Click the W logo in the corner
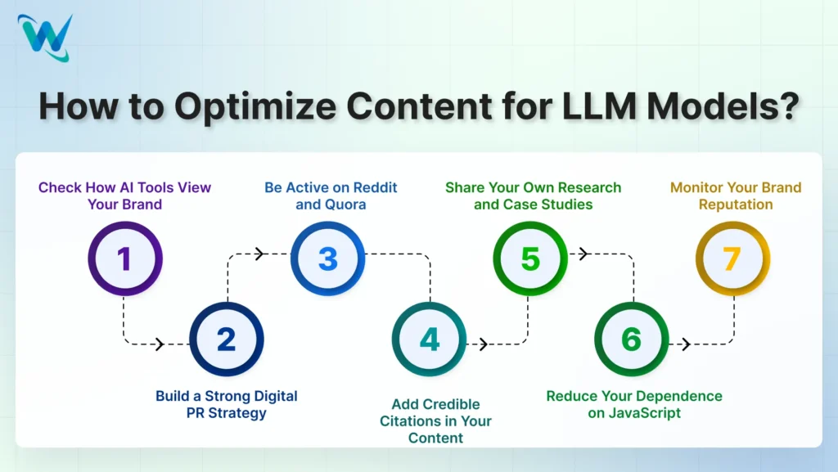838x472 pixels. [45, 38]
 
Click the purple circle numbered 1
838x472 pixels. [125, 258]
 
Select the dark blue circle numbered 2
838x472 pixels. [226, 339]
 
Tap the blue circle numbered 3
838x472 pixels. [327, 258]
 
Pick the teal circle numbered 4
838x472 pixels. [430, 339]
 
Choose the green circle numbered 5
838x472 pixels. [530, 258]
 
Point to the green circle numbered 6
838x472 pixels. [632, 339]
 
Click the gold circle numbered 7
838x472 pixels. [732, 258]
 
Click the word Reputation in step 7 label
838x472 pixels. [736, 205]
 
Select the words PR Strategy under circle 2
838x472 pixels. [226, 413]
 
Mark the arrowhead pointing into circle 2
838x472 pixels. [160, 344]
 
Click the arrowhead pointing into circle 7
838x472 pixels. [686, 344]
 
